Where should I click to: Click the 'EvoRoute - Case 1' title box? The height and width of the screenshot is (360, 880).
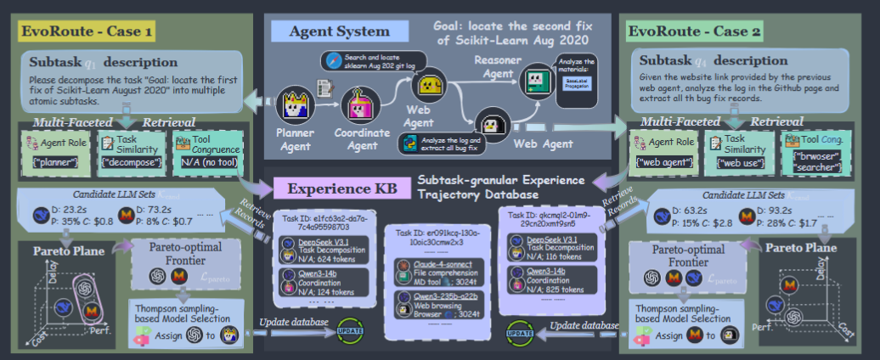87,32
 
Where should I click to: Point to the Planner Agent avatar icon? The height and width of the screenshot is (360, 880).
296,106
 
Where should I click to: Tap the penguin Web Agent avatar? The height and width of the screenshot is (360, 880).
492,124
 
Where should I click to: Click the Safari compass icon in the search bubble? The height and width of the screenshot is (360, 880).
332,60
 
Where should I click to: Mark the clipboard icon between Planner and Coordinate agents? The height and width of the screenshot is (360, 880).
324,87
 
